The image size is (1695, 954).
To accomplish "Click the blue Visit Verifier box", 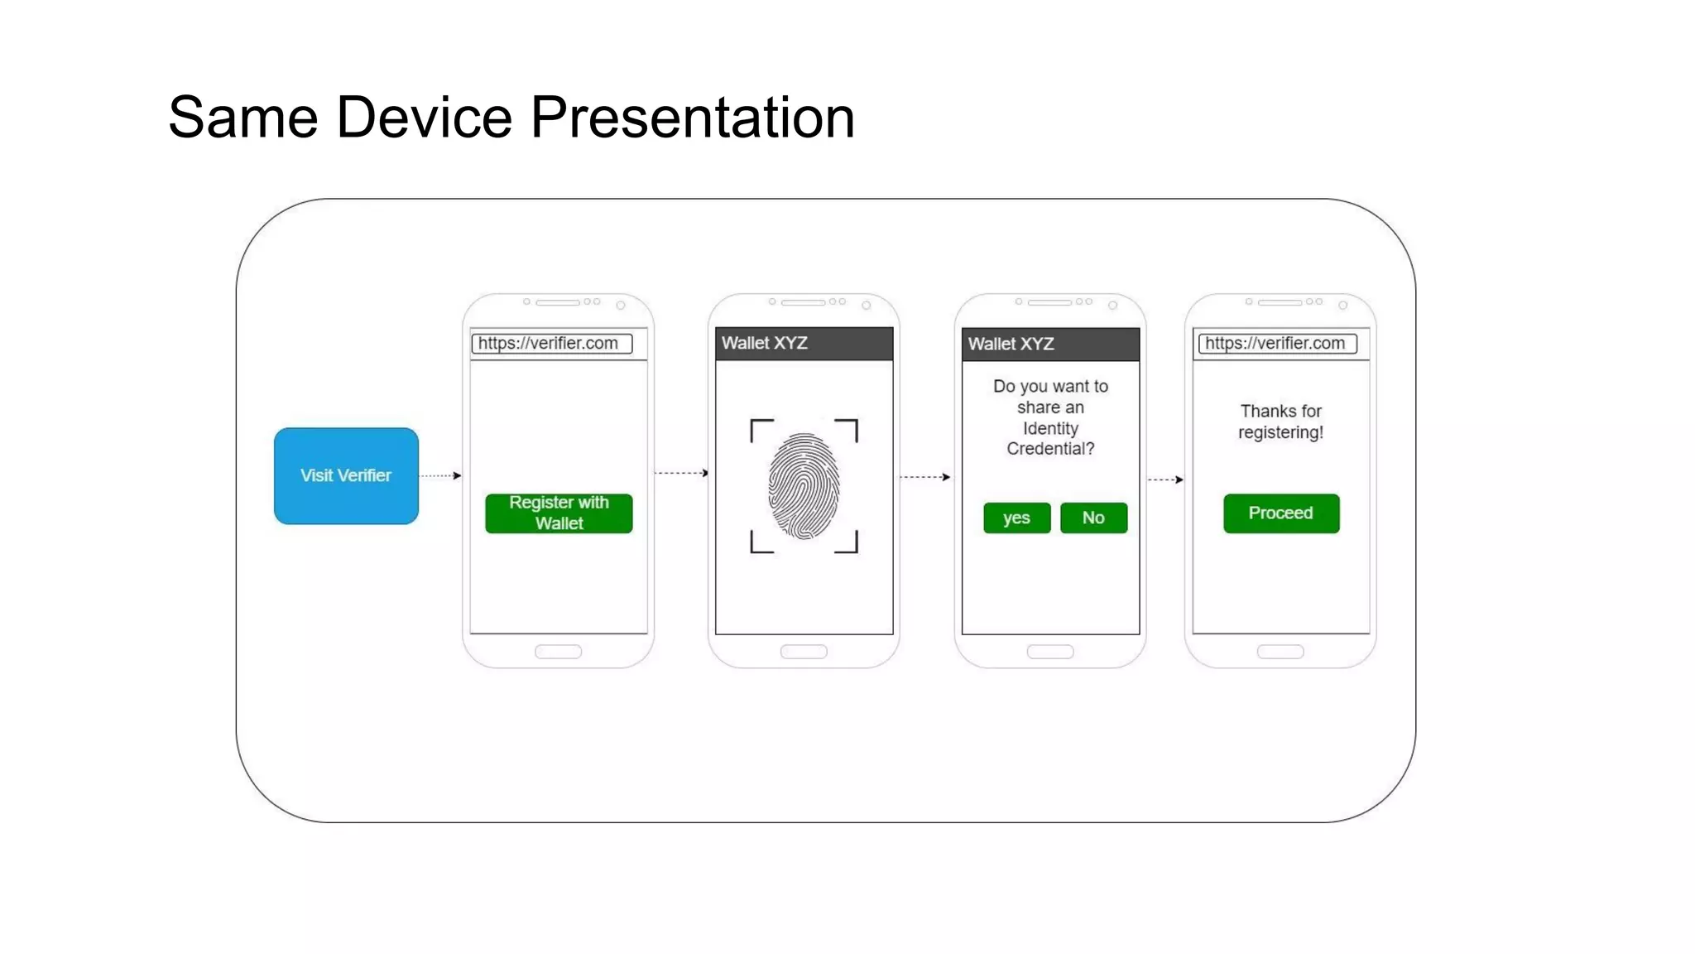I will click(x=346, y=475).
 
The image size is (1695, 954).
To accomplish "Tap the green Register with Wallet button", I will click(x=559, y=513).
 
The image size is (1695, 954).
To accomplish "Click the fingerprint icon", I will click(x=804, y=486).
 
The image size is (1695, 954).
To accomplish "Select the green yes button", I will click(x=1016, y=518).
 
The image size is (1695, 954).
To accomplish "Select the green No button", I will click(x=1093, y=518).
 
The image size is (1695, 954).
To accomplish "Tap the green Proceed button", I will click(x=1280, y=513).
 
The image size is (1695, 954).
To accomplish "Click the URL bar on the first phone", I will click(x=551, y=344).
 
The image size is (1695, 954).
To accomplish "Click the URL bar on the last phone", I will click(x=1278, y=344).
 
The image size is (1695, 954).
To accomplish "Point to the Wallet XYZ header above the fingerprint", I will click(x=804, y=343).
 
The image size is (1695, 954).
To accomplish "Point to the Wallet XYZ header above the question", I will click(x=1050, y=344).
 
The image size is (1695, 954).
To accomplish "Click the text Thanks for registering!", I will click(x=1280, y=422).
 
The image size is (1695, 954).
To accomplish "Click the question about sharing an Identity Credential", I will click(x=1050, y=417).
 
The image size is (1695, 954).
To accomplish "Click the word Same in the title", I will click(x=242, y=118).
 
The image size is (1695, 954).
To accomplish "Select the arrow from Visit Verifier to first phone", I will click(x=440, y=475).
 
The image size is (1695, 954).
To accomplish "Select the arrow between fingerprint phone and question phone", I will click(x=925, y=477).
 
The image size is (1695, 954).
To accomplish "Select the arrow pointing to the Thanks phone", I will click(x=1165, y=479).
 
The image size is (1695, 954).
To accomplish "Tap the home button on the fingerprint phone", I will click(x=804, y=652).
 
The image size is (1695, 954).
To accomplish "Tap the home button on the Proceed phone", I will click(x=1280, y=652).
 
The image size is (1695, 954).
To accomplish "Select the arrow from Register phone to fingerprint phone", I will click(x=681, y=473).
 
